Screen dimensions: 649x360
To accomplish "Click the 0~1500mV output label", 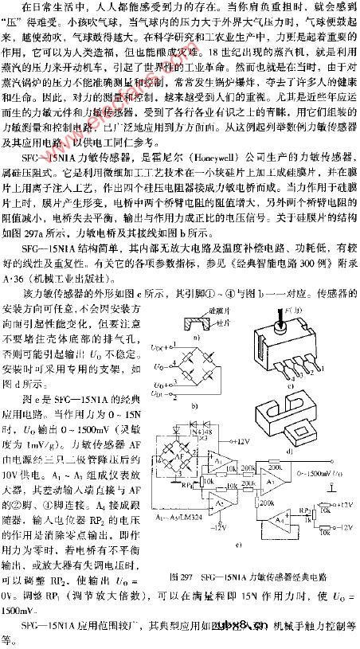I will [x=311, y=473].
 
